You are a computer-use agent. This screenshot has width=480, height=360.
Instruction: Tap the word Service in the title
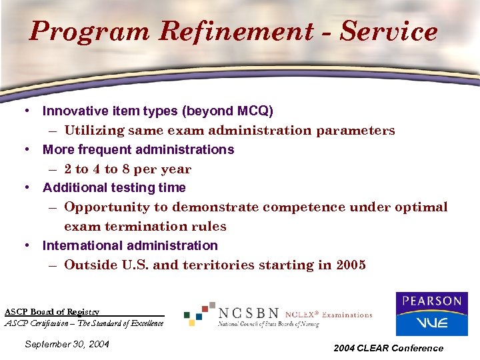pyautogui.click(x=391, y=31)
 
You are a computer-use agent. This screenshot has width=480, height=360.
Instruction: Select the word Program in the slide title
pyautogui.click(x=84, y=31)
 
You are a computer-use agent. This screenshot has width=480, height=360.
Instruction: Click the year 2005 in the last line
pyautogui.click(x=351, y=265)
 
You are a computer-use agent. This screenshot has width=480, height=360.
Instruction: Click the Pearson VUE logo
pyautogui.click(x=431, y=314)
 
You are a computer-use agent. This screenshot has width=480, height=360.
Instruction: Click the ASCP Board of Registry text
pyautogui.click(x=52, y=311)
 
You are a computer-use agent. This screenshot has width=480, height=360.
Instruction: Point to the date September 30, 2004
pyautogui.click(x=67, y=345)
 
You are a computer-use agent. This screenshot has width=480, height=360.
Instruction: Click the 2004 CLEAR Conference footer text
pyautogui.click(x=388, y=348)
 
